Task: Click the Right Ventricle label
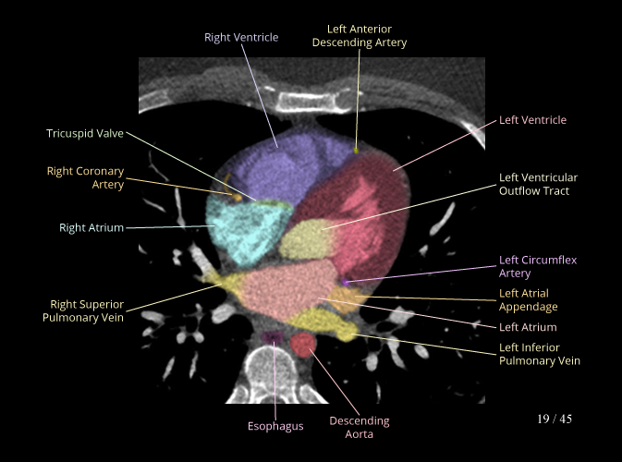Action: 241,37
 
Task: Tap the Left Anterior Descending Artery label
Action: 360,36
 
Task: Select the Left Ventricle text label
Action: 532,120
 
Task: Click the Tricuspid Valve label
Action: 85,134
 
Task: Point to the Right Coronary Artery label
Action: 85,177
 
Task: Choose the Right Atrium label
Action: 91,226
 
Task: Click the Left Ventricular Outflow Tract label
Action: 538,184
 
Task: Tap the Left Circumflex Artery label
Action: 538,266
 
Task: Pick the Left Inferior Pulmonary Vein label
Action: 540,354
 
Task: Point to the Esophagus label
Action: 275,426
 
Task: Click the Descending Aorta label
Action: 360,427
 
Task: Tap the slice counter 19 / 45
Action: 555,419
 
